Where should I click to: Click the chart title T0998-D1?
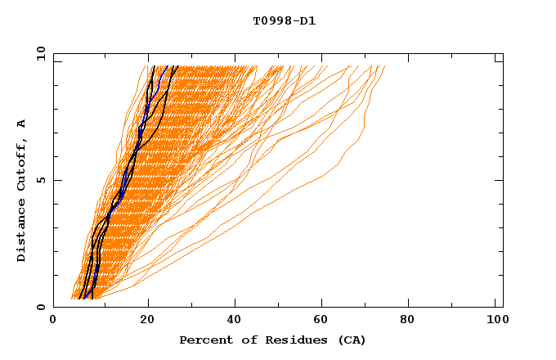tap(284, 21)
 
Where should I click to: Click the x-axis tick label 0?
tap(53, 321)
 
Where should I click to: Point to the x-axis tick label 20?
tap(146, 321)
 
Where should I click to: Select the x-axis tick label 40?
tap(235, 321)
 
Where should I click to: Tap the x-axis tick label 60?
tap(323, 321)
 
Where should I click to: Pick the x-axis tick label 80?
tap(411, 321)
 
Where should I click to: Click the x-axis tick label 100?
tap(496, 321)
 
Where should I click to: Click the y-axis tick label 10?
tap(40, 54)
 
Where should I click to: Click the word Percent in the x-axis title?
tap(202, 340)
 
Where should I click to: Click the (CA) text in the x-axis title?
tap(352, 340)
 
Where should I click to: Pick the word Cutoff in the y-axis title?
tap(21, 166)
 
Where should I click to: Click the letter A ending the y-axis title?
tap(21, 123)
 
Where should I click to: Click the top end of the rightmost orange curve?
tap(384, 66)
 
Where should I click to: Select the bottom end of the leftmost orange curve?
tap(72, 298)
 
